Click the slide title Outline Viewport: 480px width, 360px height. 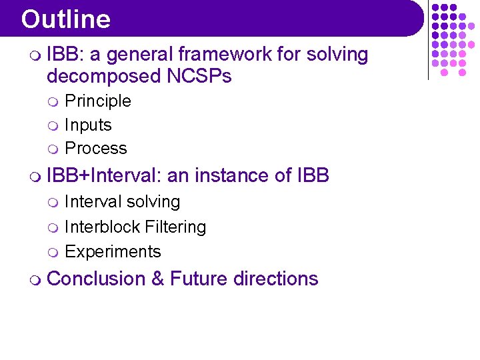click(65, 19)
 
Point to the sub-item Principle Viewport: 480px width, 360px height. click(97, 101)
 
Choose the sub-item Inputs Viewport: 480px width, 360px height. click(88, 125)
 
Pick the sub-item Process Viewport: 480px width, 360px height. click(95, 149)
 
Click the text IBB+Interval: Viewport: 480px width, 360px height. click(105, 176)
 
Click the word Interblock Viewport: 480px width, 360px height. click(97, 227)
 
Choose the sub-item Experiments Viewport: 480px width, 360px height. click(113, 252)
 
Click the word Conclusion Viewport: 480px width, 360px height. click(97, 279)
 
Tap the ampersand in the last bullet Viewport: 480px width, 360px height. click(158, 279)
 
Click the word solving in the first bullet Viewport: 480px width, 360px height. click(337, 55)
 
